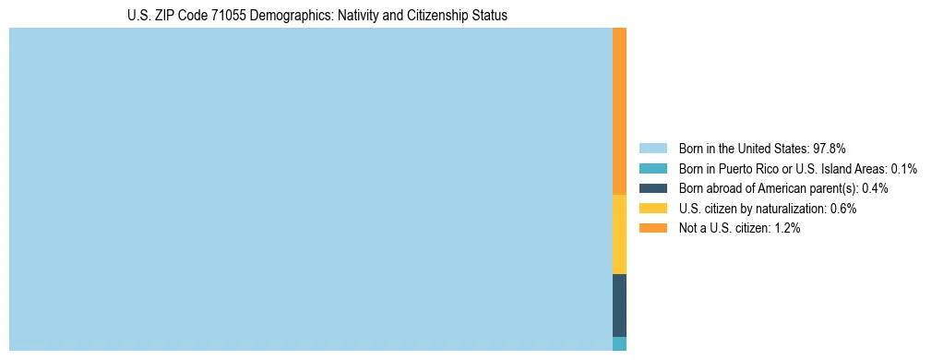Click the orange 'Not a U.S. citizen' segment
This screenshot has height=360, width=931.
[x=619, y=111]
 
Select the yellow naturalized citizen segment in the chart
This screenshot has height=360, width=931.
[x=619, y=234]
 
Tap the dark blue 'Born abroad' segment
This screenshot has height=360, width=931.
[x=619, y=305]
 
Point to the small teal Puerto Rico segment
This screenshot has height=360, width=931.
[x=619, y=343]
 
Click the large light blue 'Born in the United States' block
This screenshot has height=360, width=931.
[x=310, y=189]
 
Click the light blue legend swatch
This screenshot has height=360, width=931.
[x=652, y=149]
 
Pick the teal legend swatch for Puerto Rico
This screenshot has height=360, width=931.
[x=652, y=169]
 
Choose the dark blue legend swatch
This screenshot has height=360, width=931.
[x=652, y=188]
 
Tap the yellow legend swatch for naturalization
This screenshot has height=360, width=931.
[x=652, y=209]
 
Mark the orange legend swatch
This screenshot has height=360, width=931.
[x=652, y=228]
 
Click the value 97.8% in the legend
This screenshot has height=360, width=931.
[x=830, y=149]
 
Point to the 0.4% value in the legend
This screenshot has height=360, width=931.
[x=875, y=188]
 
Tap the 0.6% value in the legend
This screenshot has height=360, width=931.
[x=843, y=209]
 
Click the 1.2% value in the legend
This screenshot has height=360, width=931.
[x=787, y=228]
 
